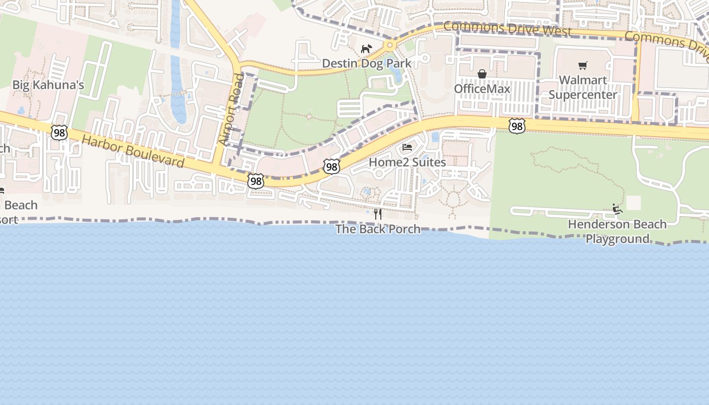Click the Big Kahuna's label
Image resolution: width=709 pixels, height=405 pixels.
point(48,85)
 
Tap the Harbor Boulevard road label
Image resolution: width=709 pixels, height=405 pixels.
point(133,151)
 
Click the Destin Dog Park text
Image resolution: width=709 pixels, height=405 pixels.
point(367,64)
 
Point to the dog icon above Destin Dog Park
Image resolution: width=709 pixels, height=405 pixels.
point(366,49)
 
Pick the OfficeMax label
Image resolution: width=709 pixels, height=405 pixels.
point(482,89)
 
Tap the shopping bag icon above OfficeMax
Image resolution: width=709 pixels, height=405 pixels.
point(482,74)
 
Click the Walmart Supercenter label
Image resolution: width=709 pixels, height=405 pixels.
point(583,87)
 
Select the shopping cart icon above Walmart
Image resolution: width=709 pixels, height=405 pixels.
point(583,65)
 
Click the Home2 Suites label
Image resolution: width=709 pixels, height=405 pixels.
point(407,162)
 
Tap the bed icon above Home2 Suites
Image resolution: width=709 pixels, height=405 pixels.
point(407,148)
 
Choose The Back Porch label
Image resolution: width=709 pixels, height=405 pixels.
point(378,229)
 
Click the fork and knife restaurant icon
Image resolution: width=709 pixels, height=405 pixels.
point(377,214)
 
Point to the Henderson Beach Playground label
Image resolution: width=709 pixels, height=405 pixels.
point(617,231)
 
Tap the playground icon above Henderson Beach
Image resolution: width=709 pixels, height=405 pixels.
point(617,209)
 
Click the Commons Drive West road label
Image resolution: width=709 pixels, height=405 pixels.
point(507,28)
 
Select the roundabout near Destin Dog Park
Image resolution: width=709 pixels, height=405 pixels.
point(389,46)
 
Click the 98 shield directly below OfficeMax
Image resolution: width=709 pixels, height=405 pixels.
point(517,126)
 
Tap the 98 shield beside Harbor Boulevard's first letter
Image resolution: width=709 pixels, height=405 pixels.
point(59,132)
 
